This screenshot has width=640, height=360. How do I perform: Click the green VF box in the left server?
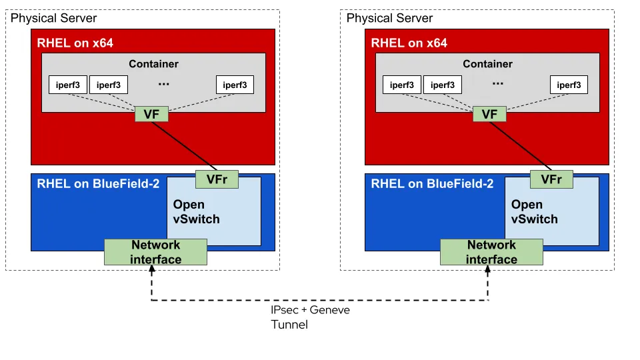(x=151, y=114)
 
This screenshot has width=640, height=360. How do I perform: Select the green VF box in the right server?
(x=490, y=114)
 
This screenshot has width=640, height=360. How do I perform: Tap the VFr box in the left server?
(x=217, y=179)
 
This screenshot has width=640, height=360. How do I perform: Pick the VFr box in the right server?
(x=551, y=179)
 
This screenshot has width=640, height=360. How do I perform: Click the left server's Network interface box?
(x=156, y=252)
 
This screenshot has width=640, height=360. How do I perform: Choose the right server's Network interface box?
(x=491, y=252)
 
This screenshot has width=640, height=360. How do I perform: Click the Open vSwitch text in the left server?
(x=196, y=211)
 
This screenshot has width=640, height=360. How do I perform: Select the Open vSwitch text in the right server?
(x=534, y=211)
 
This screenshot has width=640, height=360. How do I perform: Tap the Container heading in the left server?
(x=154, y=64)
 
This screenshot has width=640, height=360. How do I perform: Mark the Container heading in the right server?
(x=488, y=64)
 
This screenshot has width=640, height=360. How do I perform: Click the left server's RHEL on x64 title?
(x=75, y=43)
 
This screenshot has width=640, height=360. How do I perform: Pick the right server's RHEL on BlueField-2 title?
(x=433, y=184)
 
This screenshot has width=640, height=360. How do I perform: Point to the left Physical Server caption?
(x=54, y=18)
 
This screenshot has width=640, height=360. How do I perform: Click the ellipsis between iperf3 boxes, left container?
(x=164, y=84)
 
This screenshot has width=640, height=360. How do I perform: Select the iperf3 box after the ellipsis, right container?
(x=568, y=85)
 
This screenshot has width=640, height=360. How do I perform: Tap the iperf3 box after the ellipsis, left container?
(x=235, y=85)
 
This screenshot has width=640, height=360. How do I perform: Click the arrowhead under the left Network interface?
(x=153, y=271)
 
